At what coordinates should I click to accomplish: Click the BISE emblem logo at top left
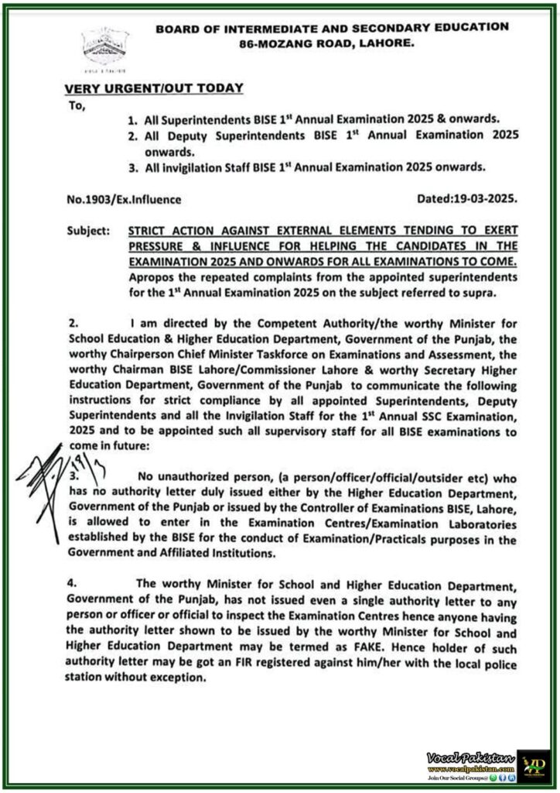point(106,48)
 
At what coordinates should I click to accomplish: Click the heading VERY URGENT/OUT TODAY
point(155,88)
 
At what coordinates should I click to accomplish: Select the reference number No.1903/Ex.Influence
point(124,199)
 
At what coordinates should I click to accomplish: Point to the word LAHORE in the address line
point(387,45)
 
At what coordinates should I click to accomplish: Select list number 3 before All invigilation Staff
point(132,166)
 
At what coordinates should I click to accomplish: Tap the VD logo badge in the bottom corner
point(534,766)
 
